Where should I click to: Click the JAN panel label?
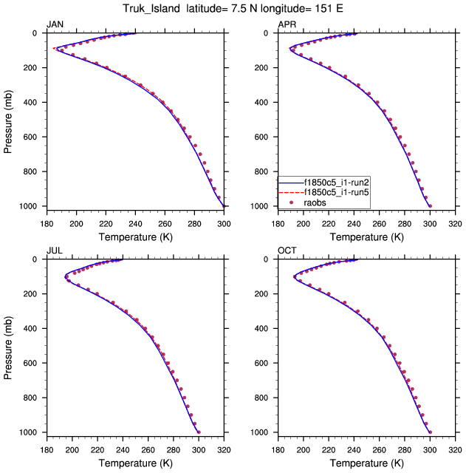pos(55,25)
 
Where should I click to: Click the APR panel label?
pos(287,25)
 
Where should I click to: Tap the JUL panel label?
pos(55,251)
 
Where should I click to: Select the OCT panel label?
pos(287,251)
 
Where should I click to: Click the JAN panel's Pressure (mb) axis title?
pos(9,120)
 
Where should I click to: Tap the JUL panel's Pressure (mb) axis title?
pos(9,346)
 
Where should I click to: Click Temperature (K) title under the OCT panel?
pos(366,463)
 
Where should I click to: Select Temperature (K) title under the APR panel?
pos(366,236)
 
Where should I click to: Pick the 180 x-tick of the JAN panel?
pos(46,222)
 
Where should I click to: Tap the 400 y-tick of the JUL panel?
pos(33,329)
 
